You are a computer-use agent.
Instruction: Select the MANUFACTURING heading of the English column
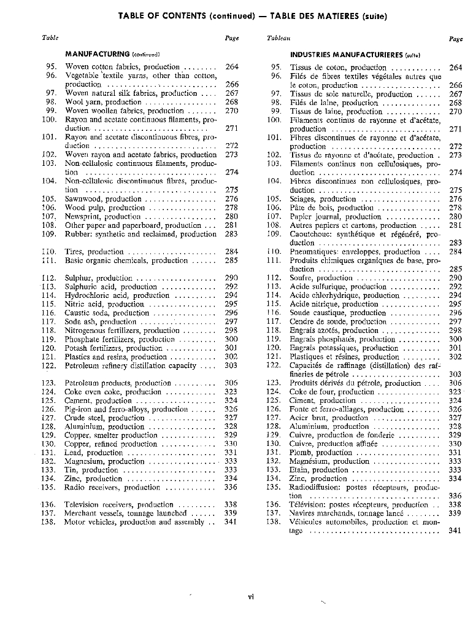click(x=97, y=54)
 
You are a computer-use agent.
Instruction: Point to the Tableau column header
click(x=279, y=38)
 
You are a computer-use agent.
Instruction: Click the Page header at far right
click(x=455, y=38)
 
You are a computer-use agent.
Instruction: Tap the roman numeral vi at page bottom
click(x=251, y=595)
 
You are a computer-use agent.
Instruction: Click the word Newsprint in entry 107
click(x=83, y=217)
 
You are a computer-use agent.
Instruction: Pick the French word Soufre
click(x=302, y=278)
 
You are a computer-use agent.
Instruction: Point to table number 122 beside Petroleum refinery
click(x=49, y=365)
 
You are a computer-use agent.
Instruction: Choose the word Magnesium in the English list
click(x=85, y=461)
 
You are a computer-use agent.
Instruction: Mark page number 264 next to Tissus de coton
click(x=455, y=68)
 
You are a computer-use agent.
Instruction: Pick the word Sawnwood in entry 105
click(x=83, y=200)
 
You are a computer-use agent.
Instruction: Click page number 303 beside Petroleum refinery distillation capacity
click(x=231, y=365)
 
